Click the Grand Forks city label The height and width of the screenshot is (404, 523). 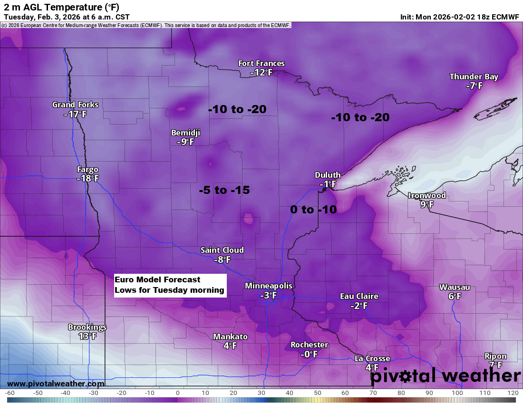[75, 105]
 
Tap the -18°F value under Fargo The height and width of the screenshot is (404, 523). [87, 179]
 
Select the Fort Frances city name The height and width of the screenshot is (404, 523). [261, 63]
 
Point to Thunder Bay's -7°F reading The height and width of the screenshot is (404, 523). [474, 86]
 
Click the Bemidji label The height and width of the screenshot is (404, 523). [185, 133]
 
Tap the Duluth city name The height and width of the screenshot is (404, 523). [328, 175]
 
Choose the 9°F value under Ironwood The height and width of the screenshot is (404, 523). [427, 204]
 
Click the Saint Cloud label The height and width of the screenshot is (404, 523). [222, 250]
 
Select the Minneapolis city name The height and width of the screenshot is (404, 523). [269, 286]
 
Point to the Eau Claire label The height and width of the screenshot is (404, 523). [359, 296]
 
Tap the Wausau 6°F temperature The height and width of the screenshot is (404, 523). [455, 296]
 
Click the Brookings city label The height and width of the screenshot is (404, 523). [87, 327]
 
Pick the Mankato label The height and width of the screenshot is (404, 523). [230, 337]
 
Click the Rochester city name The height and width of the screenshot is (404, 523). [309, 345]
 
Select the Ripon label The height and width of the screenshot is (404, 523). [495, 356]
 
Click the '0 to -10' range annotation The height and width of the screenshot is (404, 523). [313, 209]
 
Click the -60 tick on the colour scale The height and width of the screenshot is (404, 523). [9, 393]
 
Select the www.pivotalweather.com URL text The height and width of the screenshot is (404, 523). [56, 384]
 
